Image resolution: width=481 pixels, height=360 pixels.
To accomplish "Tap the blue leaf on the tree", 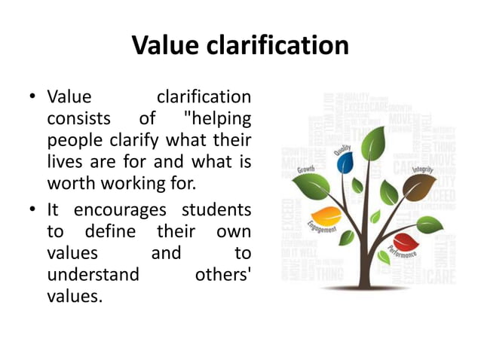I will tap(346, 162).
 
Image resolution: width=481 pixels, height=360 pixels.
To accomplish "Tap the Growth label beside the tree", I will tap(307, 170).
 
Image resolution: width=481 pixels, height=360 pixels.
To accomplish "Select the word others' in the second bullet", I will tap(223, 274).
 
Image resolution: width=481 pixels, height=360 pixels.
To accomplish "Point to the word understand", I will tap(93, 274).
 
